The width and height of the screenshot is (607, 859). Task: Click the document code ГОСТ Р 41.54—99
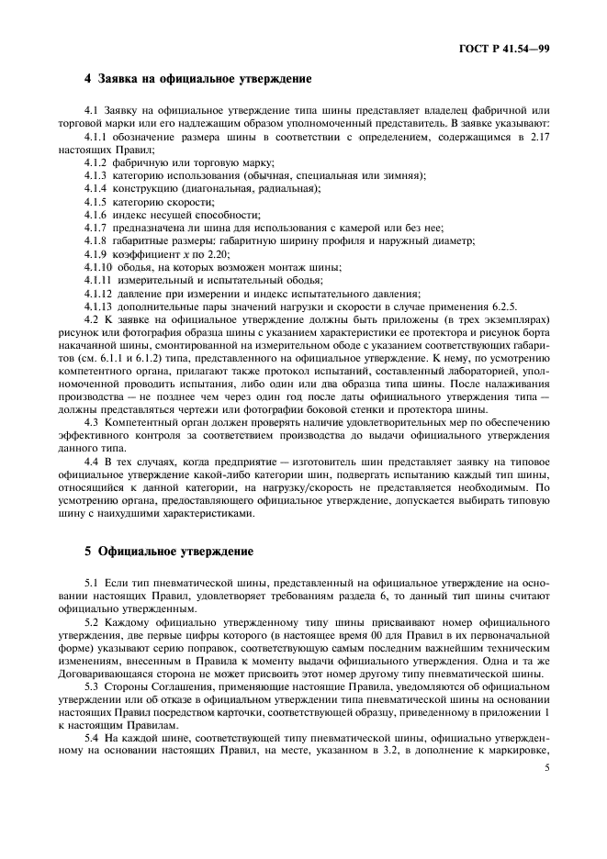click(509, 47)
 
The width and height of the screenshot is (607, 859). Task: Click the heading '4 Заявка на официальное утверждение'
click(197, 79)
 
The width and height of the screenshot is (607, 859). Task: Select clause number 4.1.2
click(96, 162)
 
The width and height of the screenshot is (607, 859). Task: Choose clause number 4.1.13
click(99, 306)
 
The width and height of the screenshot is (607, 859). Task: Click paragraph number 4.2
click(91, 319)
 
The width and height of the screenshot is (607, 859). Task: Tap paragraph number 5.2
click(91, 622)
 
